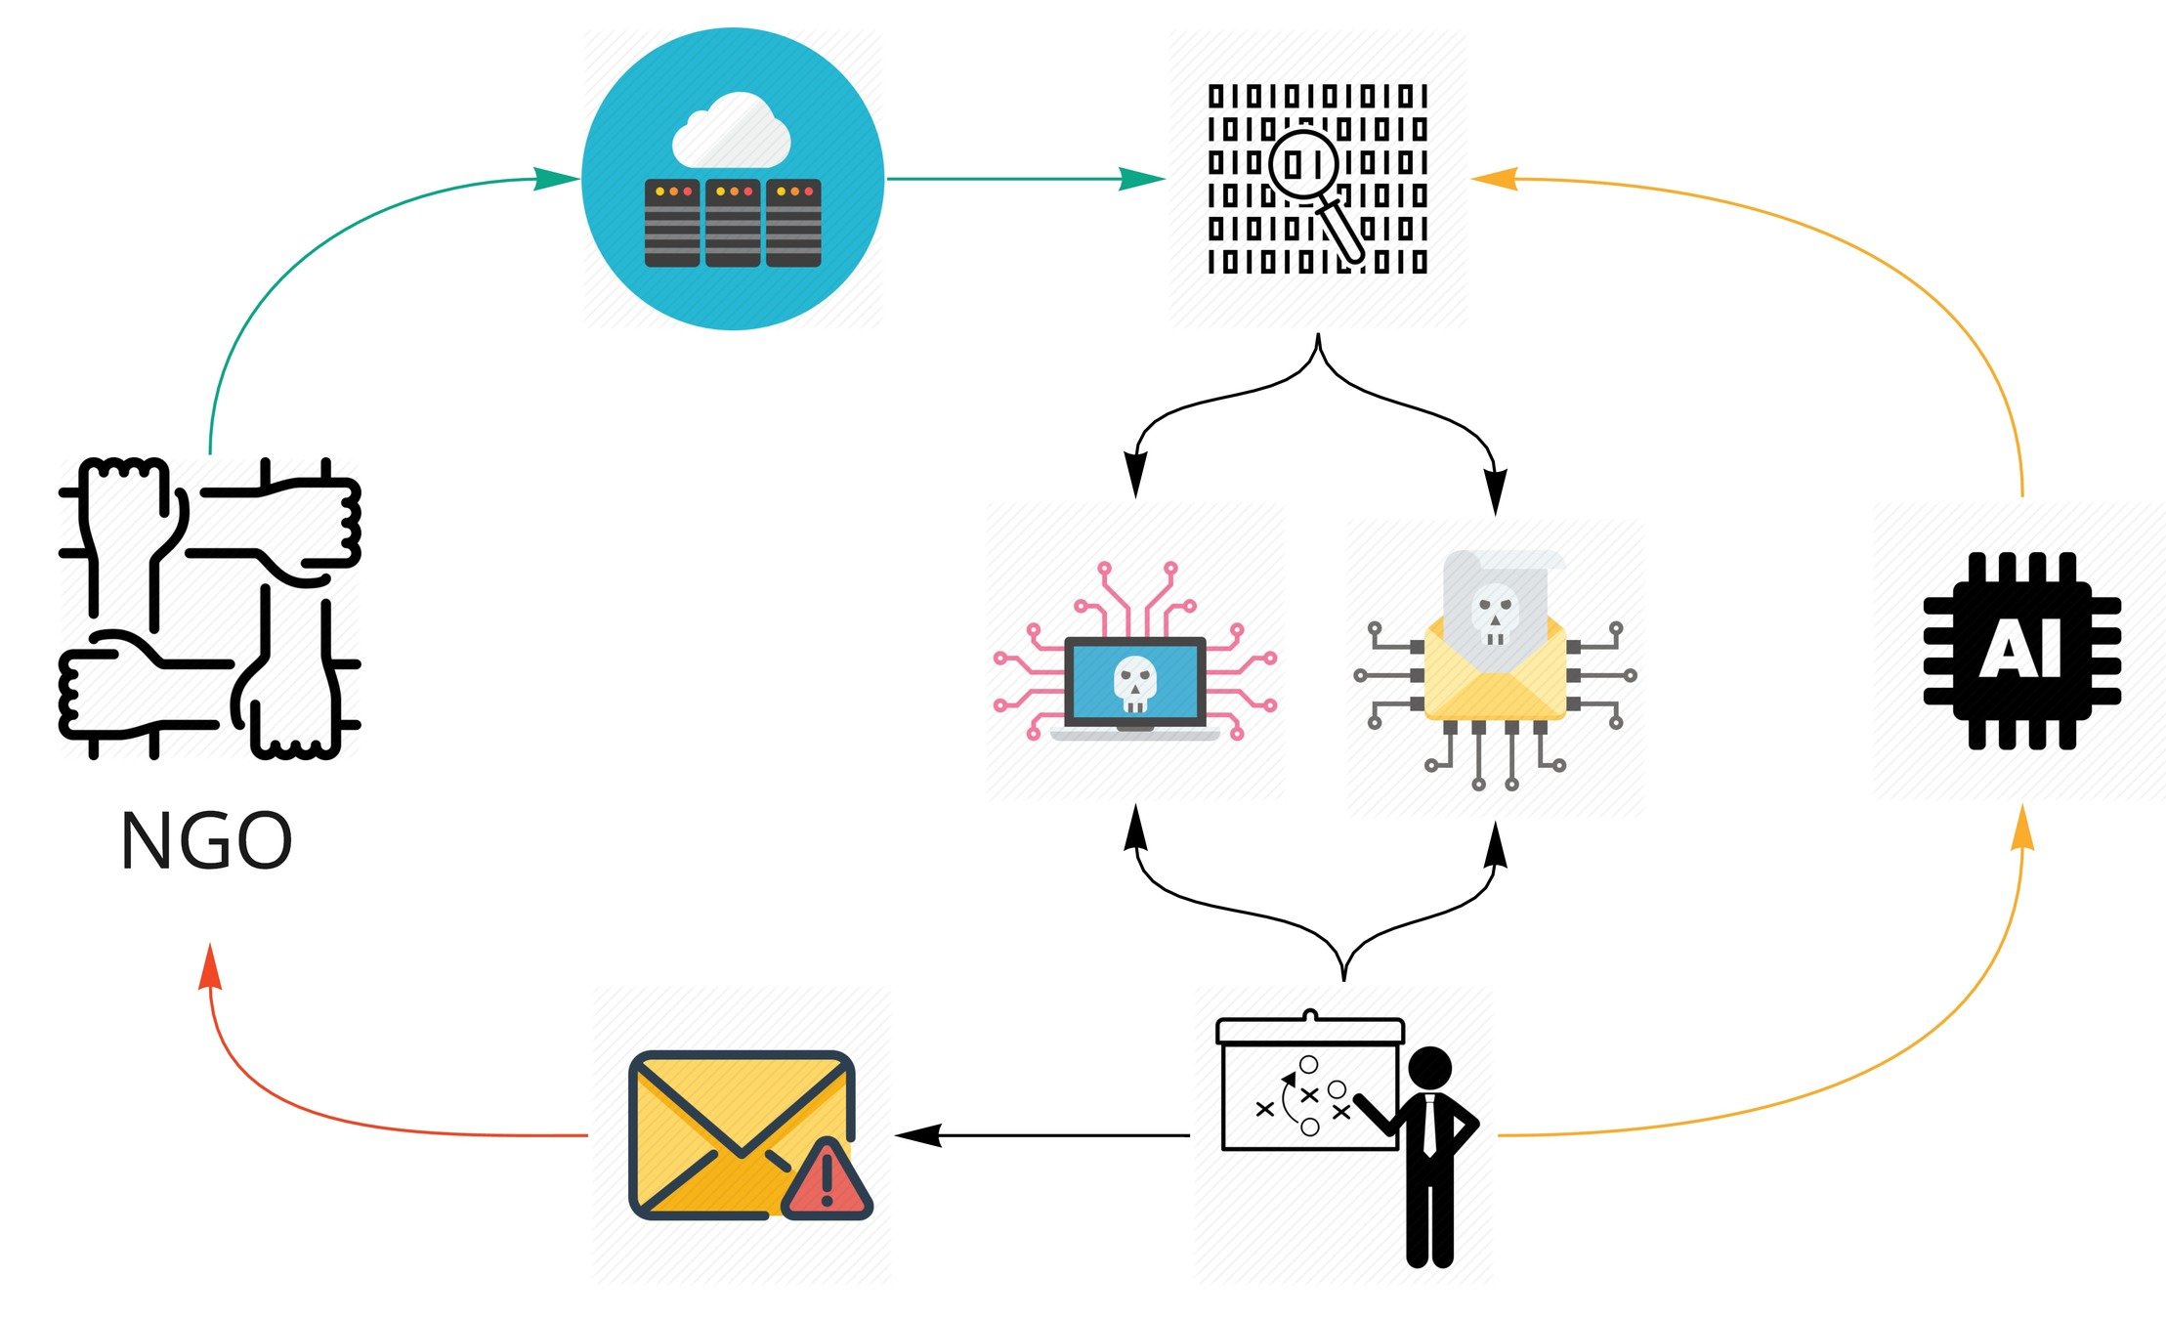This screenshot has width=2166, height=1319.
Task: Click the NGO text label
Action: coord(206,841)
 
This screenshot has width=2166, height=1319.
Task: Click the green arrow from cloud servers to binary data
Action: coord(1026,179)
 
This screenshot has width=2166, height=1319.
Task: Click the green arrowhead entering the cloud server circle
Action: coord(557,179)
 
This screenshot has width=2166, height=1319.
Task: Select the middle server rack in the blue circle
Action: coord(733,223)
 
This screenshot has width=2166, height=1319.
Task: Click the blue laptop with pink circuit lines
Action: coord(1134,684)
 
